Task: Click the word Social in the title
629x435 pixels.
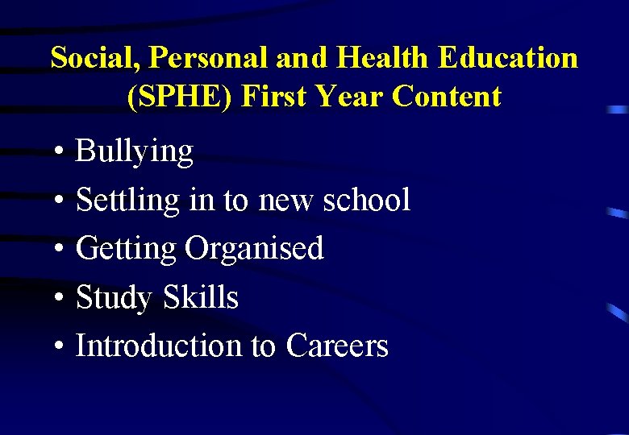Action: click(x=83, y=58)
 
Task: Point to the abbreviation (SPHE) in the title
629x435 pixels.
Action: click(x=180, y=97)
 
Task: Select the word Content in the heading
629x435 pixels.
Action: click(x=447, y=97)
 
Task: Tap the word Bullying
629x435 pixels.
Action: click(x=134, y=152)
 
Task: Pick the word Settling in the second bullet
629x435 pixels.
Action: click(x=127, y=201)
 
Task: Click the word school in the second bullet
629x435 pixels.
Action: click(x=366, y=200)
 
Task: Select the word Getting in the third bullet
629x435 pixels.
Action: click(x=125, y=249)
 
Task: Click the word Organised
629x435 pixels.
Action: click(x=254, y=249)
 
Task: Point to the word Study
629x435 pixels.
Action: click(x=114, y=298)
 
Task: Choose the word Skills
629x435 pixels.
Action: click(x=201, y=297)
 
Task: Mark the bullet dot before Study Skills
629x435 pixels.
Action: click(x=60, y=299)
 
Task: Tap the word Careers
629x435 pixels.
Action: click(x=337, y=346)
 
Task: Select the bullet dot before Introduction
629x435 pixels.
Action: click(x=60, y=347)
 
